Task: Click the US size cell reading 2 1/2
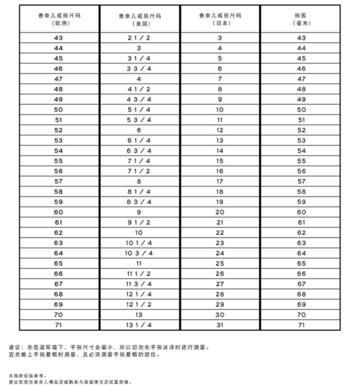138,37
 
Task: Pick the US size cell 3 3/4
138,68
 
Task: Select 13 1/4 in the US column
138,326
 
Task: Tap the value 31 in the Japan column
219,326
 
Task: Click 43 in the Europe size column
59,37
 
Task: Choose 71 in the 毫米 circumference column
300,326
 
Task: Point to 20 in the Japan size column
219,212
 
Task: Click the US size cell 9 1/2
138,223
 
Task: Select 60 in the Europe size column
59,212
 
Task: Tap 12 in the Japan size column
219,130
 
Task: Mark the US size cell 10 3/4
138,253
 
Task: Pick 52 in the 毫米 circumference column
300,130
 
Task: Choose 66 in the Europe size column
59,274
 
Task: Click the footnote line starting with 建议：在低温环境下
108,346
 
